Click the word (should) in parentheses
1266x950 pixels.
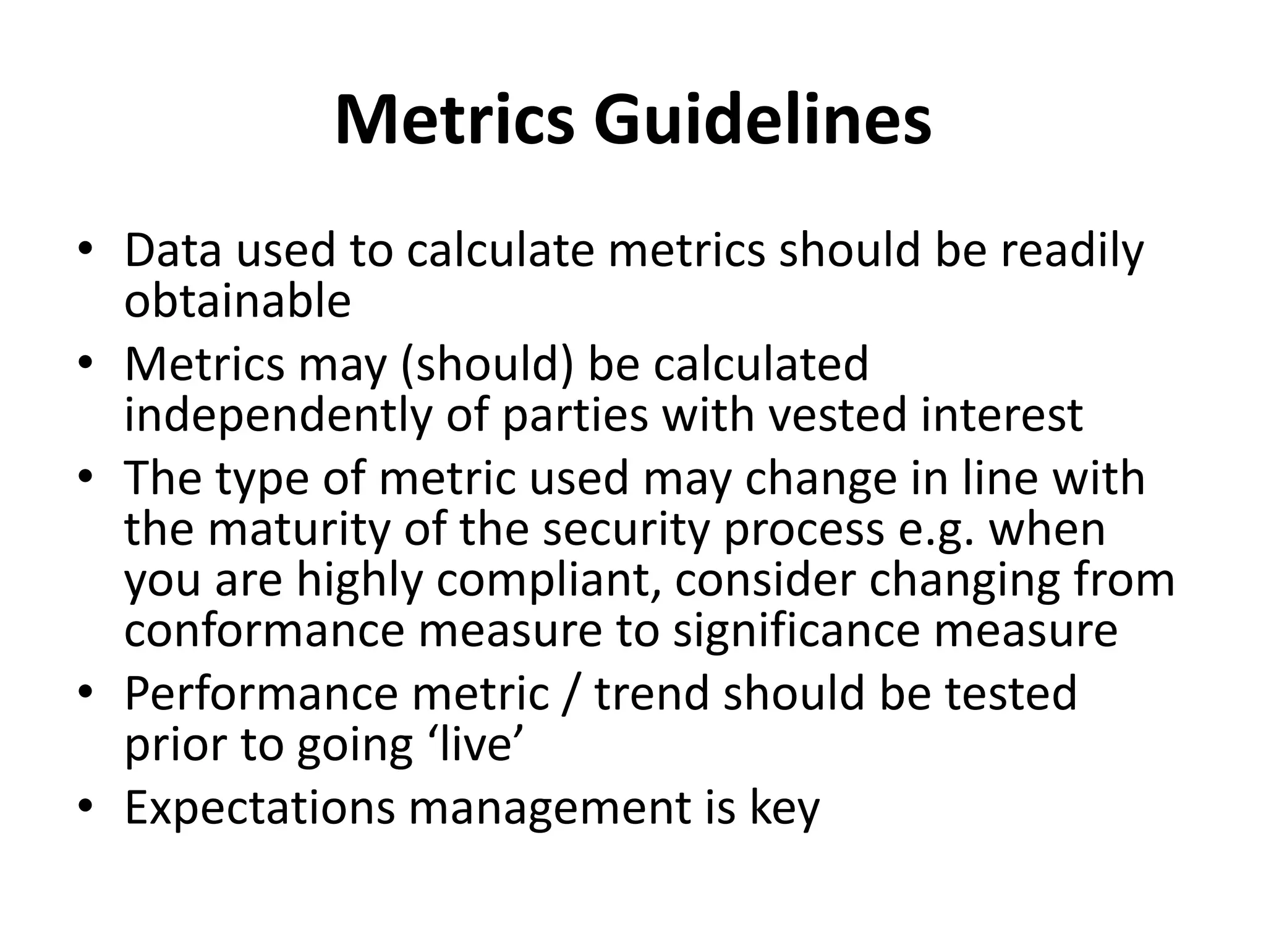(488, 365)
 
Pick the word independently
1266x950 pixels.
(277, 416)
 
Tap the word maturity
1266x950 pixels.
(300, 529)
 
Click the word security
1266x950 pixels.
(626, 529)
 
